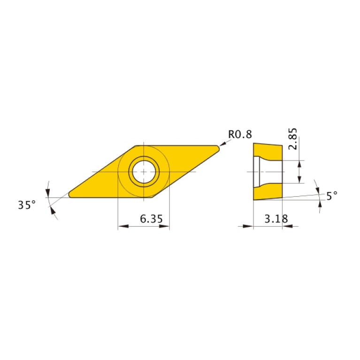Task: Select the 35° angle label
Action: coord(27,205)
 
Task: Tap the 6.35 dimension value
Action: coord(144,219)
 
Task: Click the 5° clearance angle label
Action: coord(332,196)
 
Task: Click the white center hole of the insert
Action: coord(144,171)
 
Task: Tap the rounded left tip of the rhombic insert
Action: coord(71,194)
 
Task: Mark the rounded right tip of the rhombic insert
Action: coord(217,148)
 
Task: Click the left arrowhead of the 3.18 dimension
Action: coord(249,226)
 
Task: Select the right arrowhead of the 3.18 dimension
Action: coord(287,226)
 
